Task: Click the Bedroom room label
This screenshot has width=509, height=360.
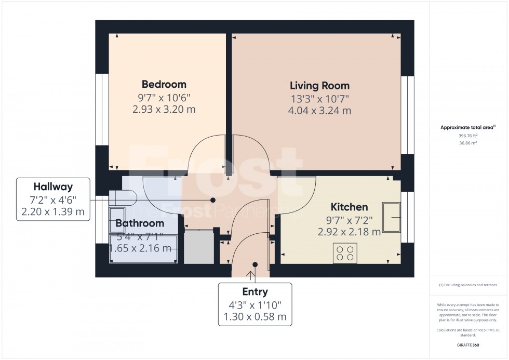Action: point(164,84)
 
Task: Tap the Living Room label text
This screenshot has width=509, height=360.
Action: point(319,86)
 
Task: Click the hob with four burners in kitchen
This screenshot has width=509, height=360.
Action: point(345,253)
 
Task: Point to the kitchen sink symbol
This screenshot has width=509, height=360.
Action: point(392,217)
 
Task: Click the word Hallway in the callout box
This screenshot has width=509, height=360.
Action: point(53,186)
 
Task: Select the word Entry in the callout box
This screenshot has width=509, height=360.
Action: point(254,292)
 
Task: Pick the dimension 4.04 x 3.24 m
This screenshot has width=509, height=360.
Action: point(319,111)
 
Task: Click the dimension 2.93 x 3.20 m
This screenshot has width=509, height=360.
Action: point(164,109)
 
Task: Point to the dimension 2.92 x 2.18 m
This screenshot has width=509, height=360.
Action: point(349,232)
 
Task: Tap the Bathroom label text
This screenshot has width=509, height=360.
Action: point(139,223)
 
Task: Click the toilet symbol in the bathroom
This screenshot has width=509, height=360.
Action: point(123,198)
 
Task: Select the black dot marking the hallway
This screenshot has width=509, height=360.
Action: point(212,199)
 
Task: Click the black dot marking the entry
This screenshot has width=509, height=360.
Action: point(254,264)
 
